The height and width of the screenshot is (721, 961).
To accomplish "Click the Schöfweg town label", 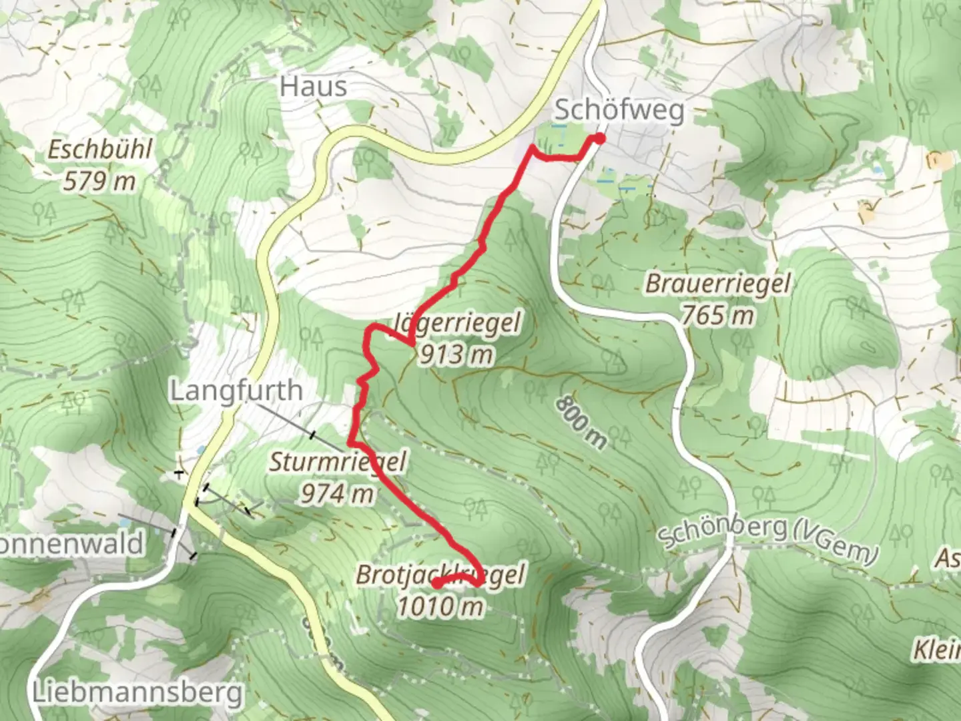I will pyautogui.click(x=619, y=110).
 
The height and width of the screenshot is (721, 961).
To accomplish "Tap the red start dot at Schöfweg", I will pyautogui.click(x=599, y=139).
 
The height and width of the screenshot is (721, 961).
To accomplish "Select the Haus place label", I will pyautogui.click(x=314, y=86).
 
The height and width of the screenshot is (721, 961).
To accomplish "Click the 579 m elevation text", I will pyautogui.click(x=99, y=181).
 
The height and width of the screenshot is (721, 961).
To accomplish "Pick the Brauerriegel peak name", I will pyautogui.click(x=717, y=283).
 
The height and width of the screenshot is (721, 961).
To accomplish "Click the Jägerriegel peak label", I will pyautogui.click(x=457, y=322).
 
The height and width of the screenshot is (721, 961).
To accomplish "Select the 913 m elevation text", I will pyautogui.click(x=456, y=354).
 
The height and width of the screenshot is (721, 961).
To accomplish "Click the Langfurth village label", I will pyautogui.click(x=236, y=391).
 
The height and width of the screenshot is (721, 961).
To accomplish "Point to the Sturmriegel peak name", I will pyautogui.click(x=337, y=462).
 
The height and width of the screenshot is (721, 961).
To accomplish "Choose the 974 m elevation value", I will pyautogui.click(x=337, y=494).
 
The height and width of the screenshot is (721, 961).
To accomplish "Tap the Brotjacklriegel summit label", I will pyautogui.click(x=440, y=574).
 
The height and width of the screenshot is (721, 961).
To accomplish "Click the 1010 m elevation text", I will pyautogui.click(x=440, y=606).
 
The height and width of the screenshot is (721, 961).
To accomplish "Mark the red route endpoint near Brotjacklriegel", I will pyautogui.click(x=435, y=583).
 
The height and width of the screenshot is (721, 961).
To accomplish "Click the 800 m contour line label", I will pyautogui.click(x=581, y=422).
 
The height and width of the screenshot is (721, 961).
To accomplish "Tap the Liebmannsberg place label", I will pyautogui.click(x=137, y=692).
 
